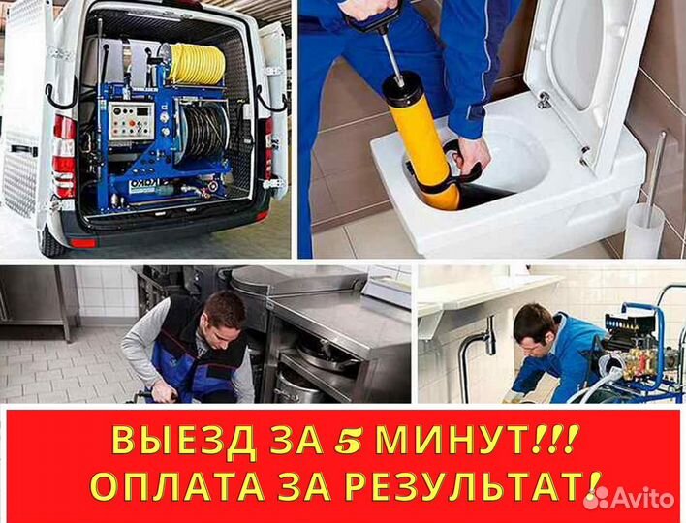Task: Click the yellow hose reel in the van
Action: tap(195, 63)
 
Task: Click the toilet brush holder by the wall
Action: tap(643, 228)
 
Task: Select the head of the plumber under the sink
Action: tap(534, 324)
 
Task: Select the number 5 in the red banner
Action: tap(347, 442)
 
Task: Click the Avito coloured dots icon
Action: tap(598, 497)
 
